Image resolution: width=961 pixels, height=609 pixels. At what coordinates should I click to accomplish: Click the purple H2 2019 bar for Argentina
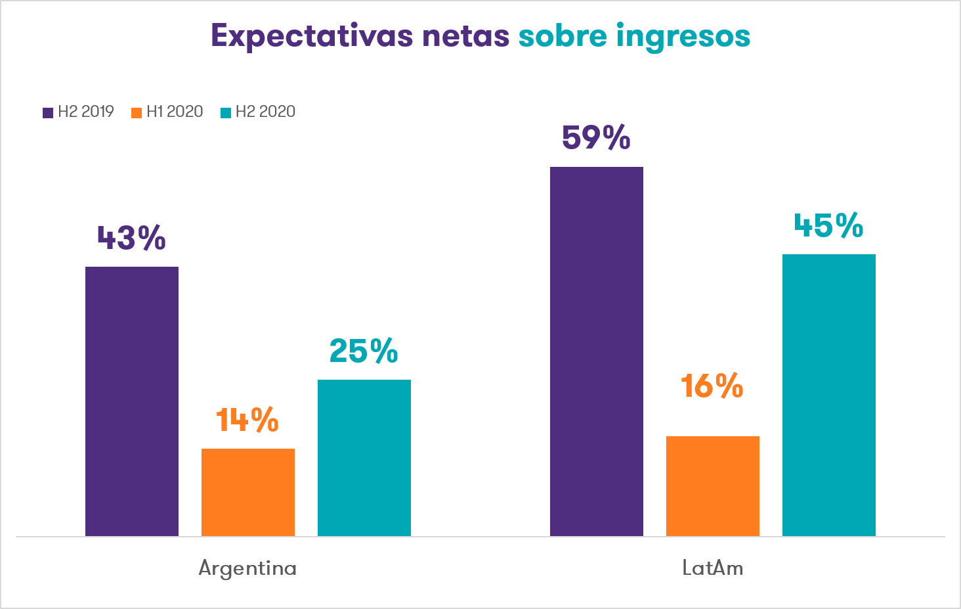coord(132,401)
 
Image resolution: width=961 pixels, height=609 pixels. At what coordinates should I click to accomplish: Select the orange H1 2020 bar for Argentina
coord(248,492)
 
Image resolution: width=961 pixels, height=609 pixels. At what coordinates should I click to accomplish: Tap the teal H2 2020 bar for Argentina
coord(364,457)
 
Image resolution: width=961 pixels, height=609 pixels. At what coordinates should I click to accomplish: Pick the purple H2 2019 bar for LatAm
coord(597,351)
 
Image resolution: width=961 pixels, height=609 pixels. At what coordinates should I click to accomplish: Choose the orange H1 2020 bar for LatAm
coord(713,485)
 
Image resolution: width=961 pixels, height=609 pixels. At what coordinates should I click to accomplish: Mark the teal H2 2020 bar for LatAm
coord(829,395)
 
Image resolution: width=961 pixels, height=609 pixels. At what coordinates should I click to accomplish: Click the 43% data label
coord(131,238)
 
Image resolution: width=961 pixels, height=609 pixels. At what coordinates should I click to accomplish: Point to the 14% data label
coord(247,420)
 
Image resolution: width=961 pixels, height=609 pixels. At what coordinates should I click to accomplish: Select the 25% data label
coord(364,351)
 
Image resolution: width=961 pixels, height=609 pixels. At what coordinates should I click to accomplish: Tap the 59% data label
coord(596,138)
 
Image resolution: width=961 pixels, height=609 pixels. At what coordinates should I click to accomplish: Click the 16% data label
coord(712,386)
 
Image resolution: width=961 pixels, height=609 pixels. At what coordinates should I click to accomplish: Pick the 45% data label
coord(828,226)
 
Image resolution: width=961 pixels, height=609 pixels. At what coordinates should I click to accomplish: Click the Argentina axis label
coord(247,568)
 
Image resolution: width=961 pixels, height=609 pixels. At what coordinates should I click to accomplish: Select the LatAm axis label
coord(713,568)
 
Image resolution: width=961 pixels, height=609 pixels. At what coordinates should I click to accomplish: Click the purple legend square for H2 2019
coord(48,112)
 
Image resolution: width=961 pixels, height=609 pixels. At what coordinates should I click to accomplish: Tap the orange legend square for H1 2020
coord(137,112)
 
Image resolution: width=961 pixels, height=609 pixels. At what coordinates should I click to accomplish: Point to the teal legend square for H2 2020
coord(226,112)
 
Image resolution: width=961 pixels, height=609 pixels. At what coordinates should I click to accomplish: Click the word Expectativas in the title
coord(312,37)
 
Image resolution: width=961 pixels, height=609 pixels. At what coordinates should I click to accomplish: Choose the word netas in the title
coord(466,37)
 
